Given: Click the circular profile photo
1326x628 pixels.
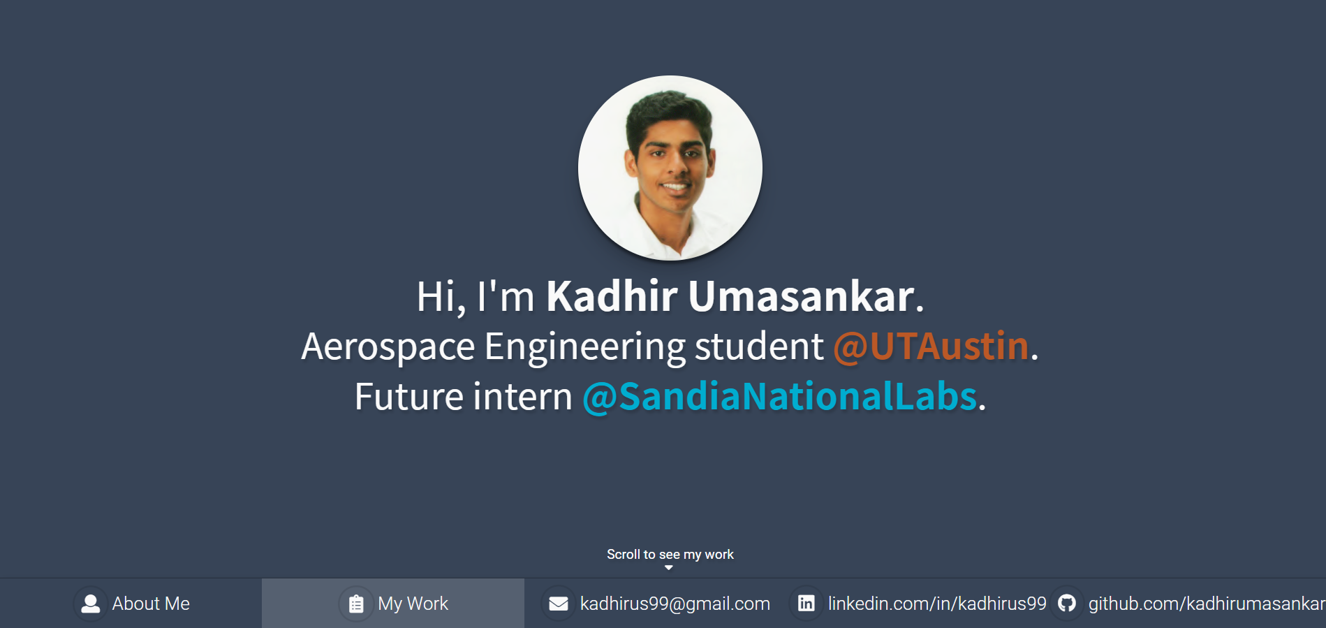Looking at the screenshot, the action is [670, 168].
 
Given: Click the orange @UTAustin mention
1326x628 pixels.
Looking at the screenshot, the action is [931, 346].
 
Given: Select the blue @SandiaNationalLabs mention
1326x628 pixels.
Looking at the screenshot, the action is [780, 397].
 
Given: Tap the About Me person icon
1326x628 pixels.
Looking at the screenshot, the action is [91, 604].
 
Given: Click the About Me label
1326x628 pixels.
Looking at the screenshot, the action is [151, 604].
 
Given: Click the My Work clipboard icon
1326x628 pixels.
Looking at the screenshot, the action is [356, 604].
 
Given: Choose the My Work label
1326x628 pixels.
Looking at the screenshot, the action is [413, 604].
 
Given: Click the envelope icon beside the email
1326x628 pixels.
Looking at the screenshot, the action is [559, 604].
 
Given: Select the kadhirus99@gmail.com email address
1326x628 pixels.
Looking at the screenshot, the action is [675, 604].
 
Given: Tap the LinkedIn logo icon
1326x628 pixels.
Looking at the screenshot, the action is [806, 603].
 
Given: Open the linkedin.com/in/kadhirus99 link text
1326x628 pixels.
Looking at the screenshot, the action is [937, 604].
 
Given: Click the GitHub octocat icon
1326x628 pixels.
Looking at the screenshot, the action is [1067, 603].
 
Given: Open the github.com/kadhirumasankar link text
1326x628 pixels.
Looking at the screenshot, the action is [1207, 604].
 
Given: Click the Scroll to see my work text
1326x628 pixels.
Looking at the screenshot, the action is [670, 554].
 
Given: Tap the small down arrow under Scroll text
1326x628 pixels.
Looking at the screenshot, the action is [669, 568].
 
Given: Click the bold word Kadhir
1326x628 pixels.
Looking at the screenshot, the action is [612, 296].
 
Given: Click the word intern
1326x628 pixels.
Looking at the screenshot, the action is [523, 397].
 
